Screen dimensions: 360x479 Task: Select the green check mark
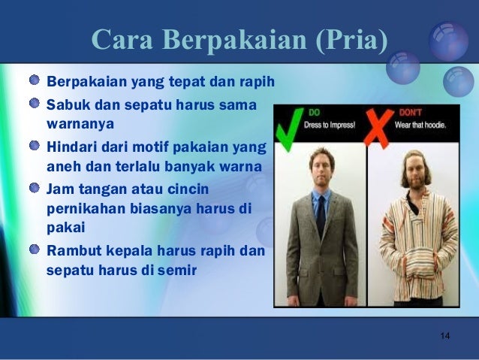coord(288,129)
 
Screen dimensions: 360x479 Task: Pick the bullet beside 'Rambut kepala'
coord(36,249)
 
